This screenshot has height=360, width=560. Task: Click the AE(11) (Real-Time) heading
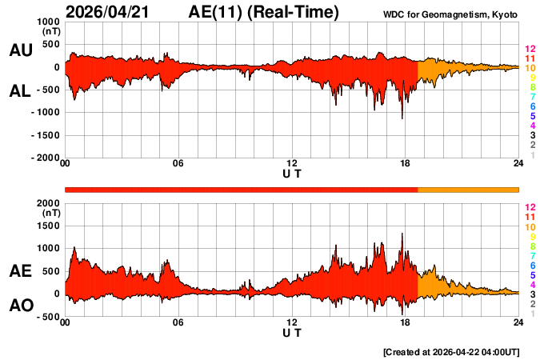[x=263, y=12]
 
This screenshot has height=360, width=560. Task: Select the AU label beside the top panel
[x=20, y=50]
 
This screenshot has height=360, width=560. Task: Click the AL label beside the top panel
[x=20, y=91]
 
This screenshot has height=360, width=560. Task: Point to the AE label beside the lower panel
[x=20, y=272]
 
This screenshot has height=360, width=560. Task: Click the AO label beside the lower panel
[x=20, y=306]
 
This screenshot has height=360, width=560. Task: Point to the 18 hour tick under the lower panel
[x=406, y=322]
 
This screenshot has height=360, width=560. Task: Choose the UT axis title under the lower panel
[x=292, y=333]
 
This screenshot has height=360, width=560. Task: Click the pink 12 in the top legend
[x=529, y=50]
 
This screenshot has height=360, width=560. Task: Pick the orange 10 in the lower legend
[x=529, y=226]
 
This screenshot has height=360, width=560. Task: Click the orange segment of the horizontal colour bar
[x=468, y=189]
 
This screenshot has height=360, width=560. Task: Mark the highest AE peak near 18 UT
[x=402, y=234]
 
